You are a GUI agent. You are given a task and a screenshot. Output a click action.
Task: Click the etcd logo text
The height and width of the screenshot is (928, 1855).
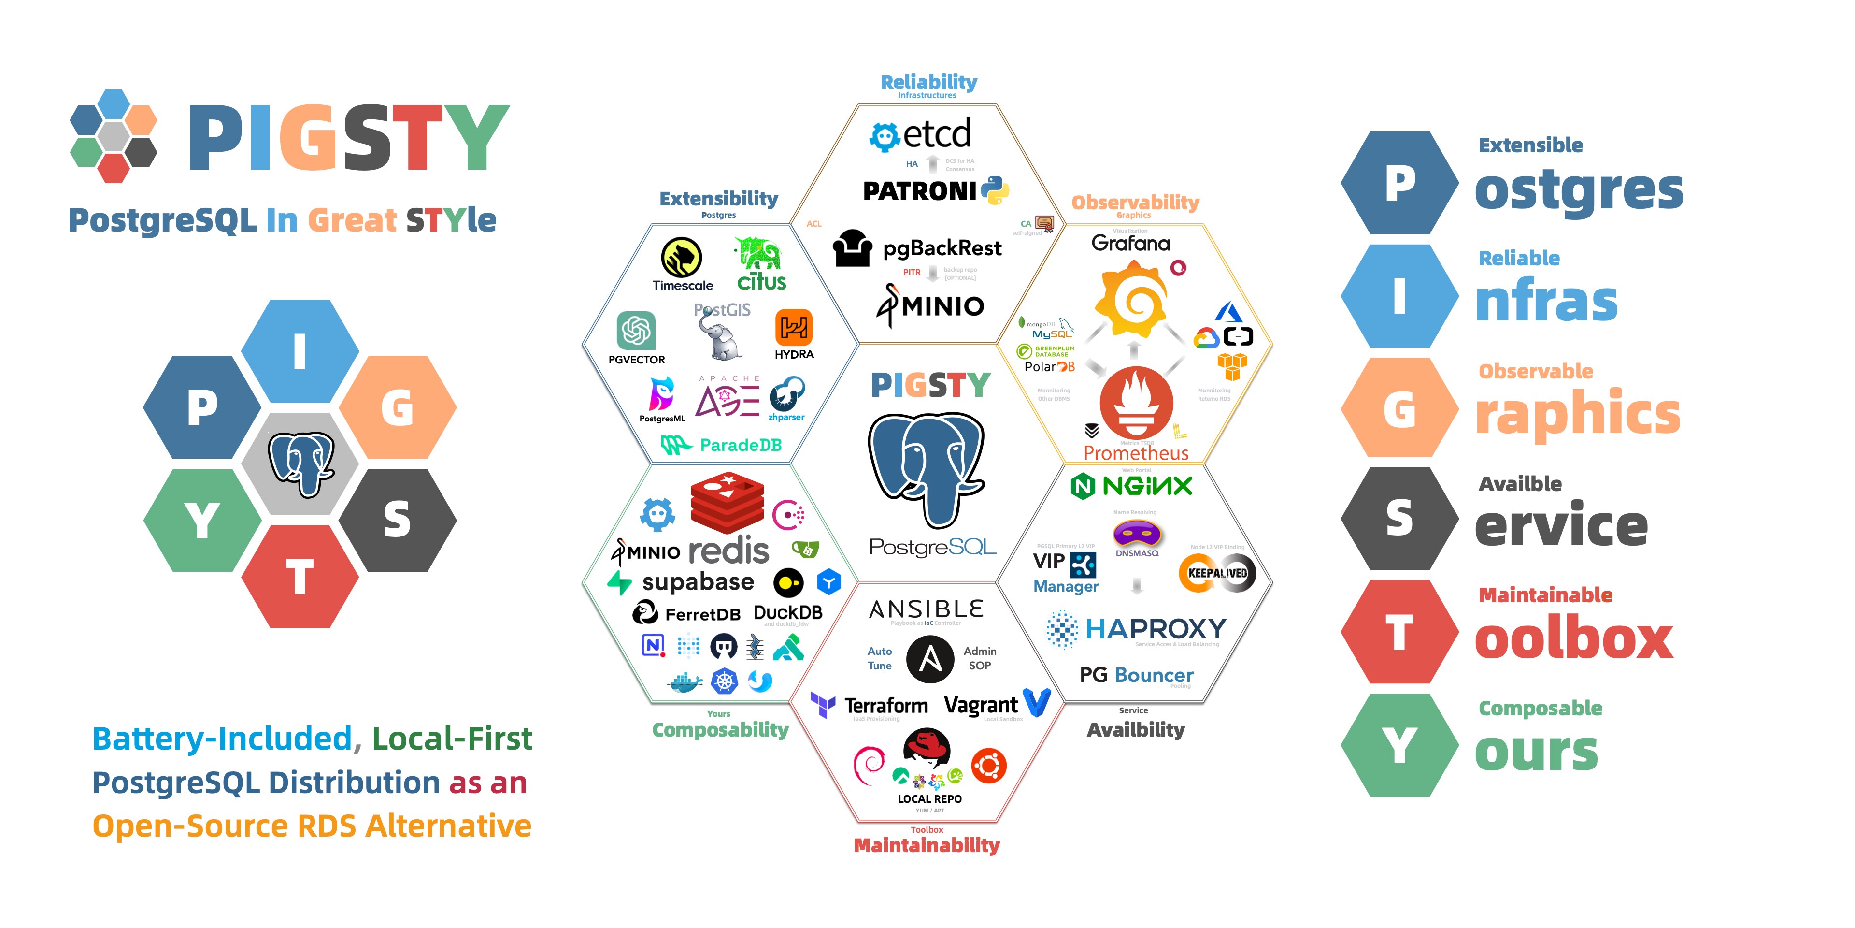click(x=936, y=134)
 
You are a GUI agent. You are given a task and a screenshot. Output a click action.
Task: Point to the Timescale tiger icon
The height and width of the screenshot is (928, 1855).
click(x=681, y=257)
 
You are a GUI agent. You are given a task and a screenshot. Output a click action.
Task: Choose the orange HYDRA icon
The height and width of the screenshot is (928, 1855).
click(x=794, y=328)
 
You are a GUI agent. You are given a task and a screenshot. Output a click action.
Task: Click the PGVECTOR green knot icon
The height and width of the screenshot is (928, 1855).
click(x=636, y=331)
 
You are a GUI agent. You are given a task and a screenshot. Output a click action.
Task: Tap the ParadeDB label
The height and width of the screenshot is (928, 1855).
click(x=740, y=445)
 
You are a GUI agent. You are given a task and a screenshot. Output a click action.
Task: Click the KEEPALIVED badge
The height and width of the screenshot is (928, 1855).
click(x=1217, y=574)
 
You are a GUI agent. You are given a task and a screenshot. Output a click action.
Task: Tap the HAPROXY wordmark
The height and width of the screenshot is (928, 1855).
click(x=1155, y=629)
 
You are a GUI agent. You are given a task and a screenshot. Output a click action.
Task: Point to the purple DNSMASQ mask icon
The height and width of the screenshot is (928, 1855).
click(x=1136, y=535)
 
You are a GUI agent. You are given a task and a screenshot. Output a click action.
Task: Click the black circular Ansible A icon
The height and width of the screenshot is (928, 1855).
click(x=929, y=658)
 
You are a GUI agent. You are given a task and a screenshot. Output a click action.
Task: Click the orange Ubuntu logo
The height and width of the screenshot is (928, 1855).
click(x=989, y=765)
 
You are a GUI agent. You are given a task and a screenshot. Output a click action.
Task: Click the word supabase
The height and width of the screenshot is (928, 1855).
click(x=698, y=582)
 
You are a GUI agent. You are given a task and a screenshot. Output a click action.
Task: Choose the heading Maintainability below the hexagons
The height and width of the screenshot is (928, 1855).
click(x=927, y=845)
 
